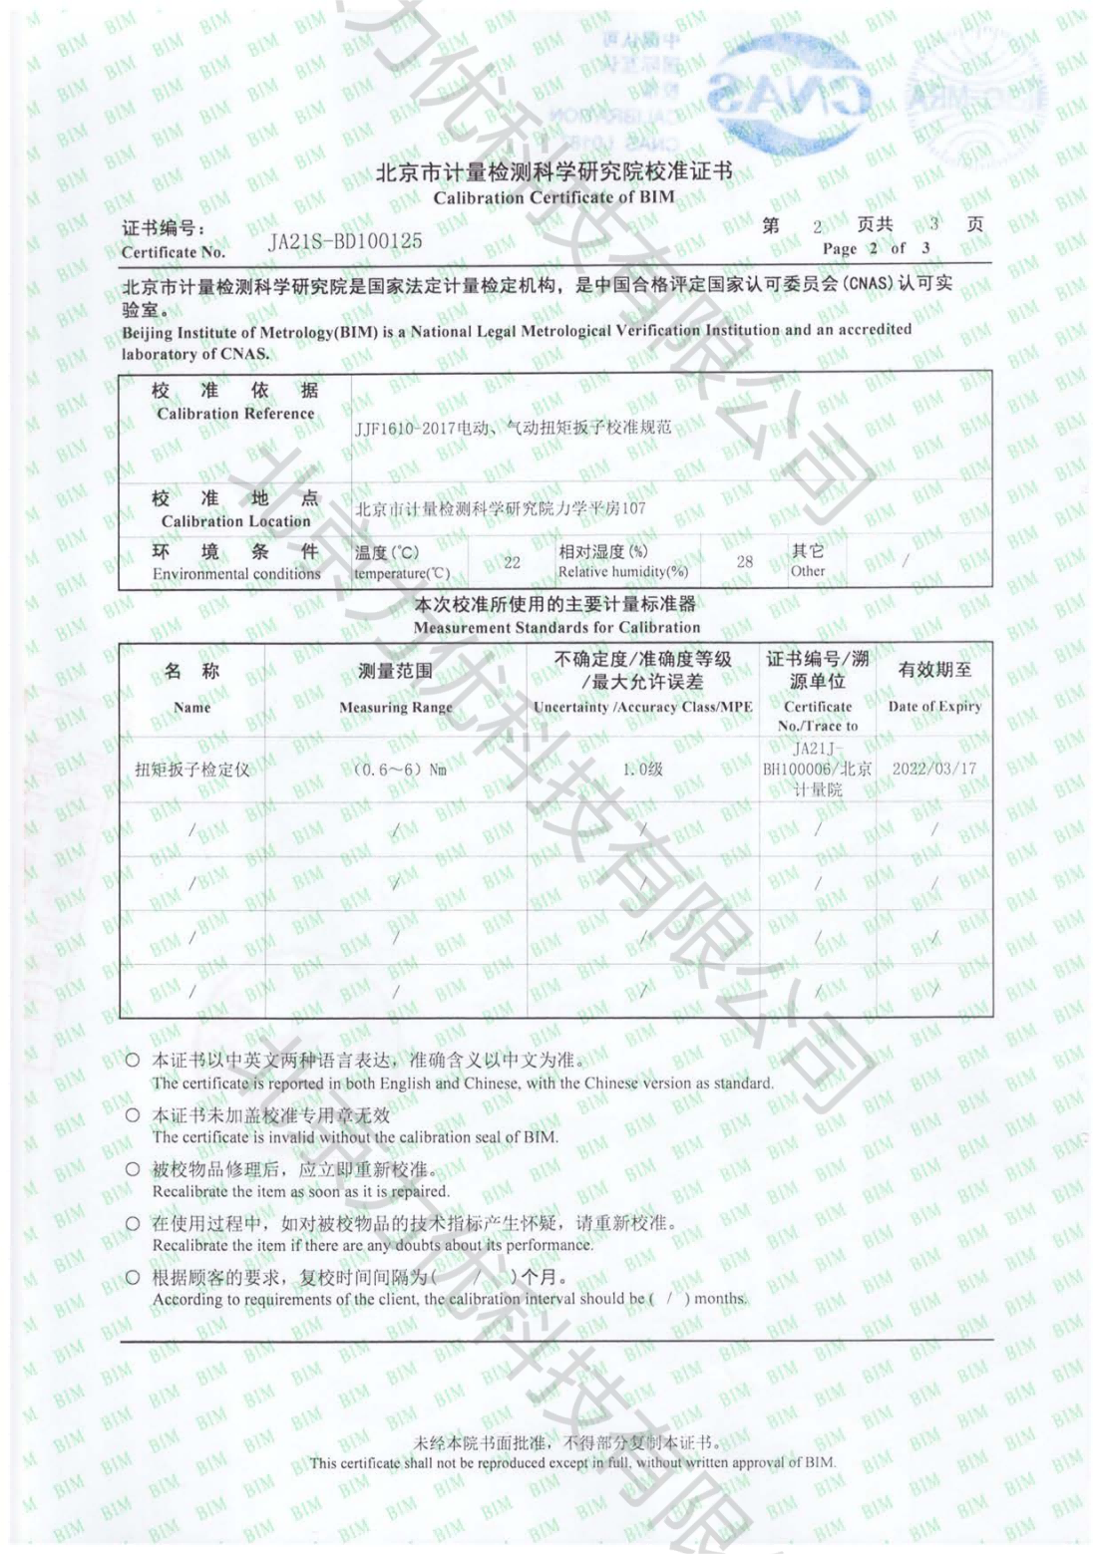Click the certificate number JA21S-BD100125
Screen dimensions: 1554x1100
(346, 240)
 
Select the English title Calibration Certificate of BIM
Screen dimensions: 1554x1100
(553, 197)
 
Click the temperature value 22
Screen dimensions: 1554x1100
(512, 563)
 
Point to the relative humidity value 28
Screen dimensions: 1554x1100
(745, 562)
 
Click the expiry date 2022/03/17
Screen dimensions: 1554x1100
(934, 770)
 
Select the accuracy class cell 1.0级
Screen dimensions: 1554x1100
(643, 770)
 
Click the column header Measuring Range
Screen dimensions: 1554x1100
(395, 708)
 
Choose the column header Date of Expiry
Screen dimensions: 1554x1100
(934, 707)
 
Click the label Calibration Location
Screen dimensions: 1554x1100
(235, 521)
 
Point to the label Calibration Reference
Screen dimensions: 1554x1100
(235, 414)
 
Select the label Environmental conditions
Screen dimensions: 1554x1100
(236, 574)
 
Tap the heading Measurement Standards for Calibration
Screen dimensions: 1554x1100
(556, 628)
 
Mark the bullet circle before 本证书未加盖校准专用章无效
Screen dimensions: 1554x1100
(133, 1115)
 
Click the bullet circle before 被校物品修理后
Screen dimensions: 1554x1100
(133, 1169)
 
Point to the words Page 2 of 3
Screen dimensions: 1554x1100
(876, 248)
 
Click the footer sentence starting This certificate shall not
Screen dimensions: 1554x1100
(571, 1463)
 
